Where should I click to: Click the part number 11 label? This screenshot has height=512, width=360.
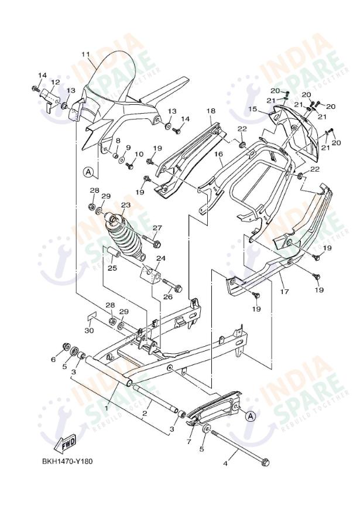pyautogui.click(x=85, y=54)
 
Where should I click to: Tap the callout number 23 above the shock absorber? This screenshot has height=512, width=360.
pyautogui.click(x=125, y=205)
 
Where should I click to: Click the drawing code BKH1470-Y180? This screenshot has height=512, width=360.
pyautogui.click(x=66, y=461)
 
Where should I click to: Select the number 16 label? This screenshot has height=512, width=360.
pyautogui.click(x=218, y=155)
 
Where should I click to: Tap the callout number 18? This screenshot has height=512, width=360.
pyautogui.click(x=211, y=111)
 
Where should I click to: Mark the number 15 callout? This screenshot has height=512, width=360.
pyautogui.click(x=252, y=109)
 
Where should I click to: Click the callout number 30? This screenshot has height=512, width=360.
pyautogui.click(x=89, y=330)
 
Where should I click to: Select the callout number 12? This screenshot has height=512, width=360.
pyautogui.click(x=56, y=82)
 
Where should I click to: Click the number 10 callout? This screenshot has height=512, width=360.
pyautogui.click(x=139, y=154)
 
